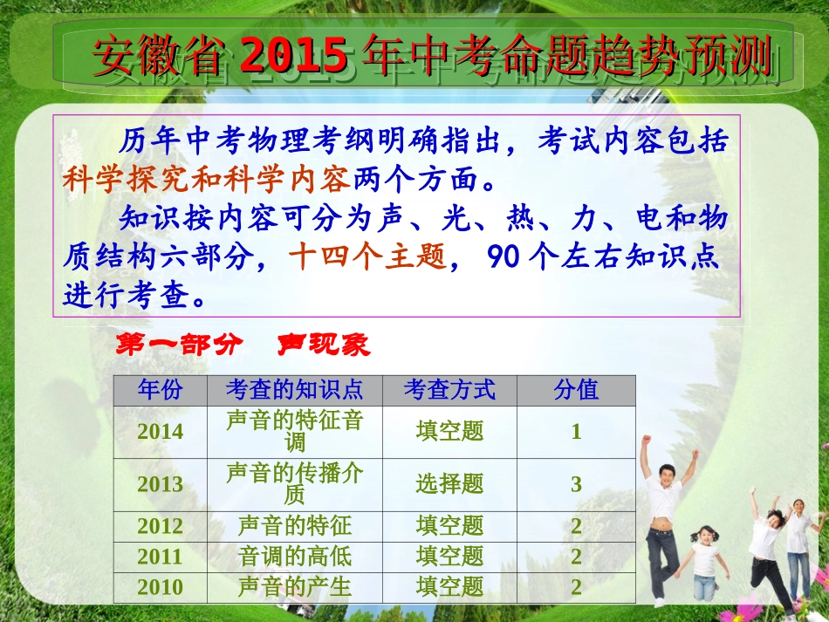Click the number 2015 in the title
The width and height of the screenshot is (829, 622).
tap(294, 57)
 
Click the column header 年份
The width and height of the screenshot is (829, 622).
tap(161, 390)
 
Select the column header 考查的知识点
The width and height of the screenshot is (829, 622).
tap(294, 390)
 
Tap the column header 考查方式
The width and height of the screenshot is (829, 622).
tap(449, 390)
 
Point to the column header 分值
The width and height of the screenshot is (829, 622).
tap(576, 390)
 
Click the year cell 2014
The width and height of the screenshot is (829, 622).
tap(161, 432)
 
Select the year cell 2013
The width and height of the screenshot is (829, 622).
tap(161, 485)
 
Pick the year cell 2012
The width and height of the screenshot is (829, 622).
tap(161, 526)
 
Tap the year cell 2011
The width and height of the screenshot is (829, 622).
tap(161, 557)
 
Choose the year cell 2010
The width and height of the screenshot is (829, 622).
tap(161, 587)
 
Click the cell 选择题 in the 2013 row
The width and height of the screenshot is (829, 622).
tap(449, 485)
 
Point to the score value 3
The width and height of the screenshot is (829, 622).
tap(576, 485)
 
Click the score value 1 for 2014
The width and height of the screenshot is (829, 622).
tap(576, 432)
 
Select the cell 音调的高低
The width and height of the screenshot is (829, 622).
tap(294, 557)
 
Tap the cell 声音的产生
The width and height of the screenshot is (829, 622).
tap(294, 587)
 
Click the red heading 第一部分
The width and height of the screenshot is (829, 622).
tap(180, 345)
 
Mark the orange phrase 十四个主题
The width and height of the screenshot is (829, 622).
tap(367, 258)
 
